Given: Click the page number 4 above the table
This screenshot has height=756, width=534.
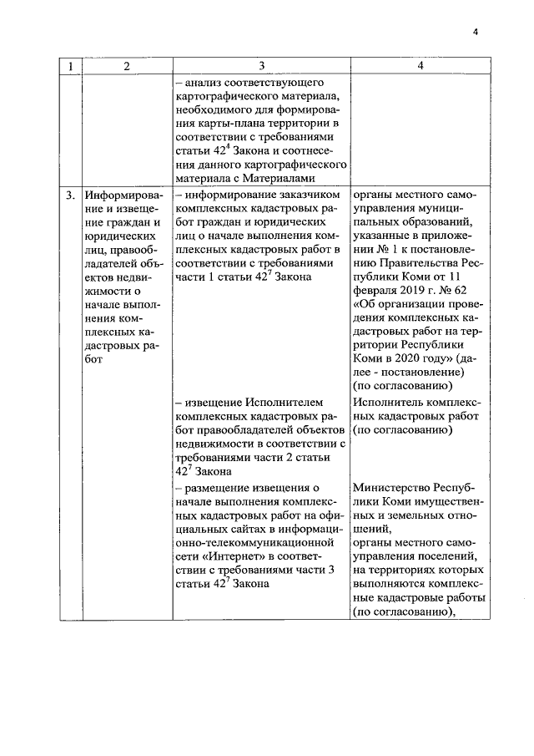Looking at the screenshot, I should [x=475, y=32].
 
